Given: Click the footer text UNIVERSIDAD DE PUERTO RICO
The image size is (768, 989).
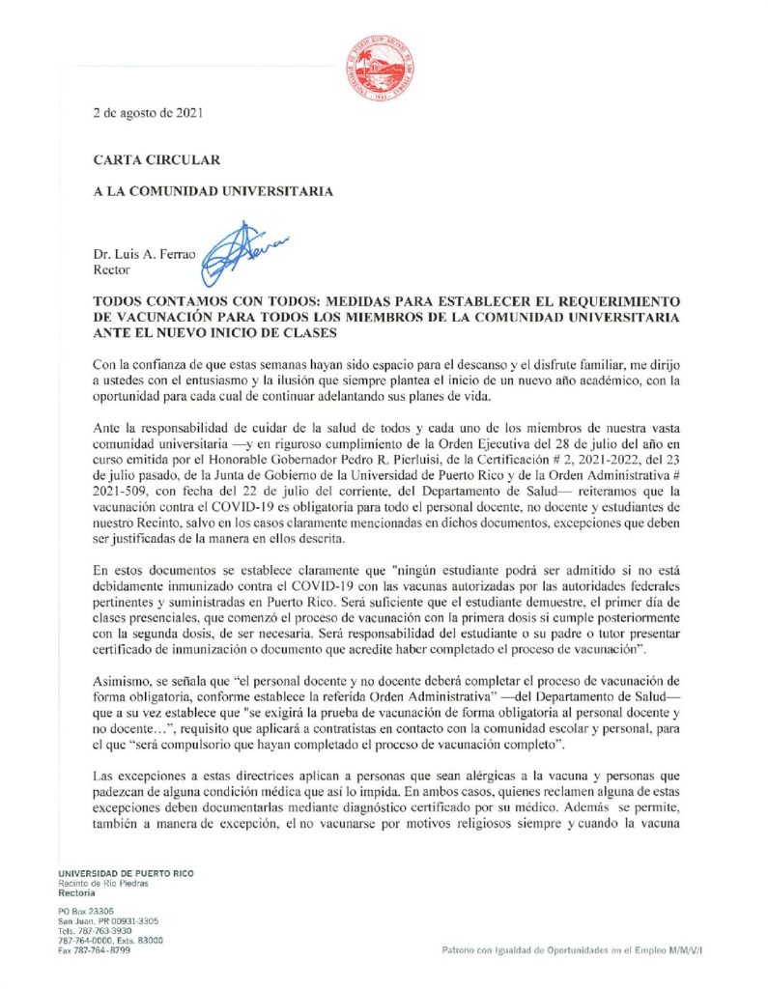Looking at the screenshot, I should [126, 873].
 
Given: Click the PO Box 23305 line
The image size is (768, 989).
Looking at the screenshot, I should [86, 911].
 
